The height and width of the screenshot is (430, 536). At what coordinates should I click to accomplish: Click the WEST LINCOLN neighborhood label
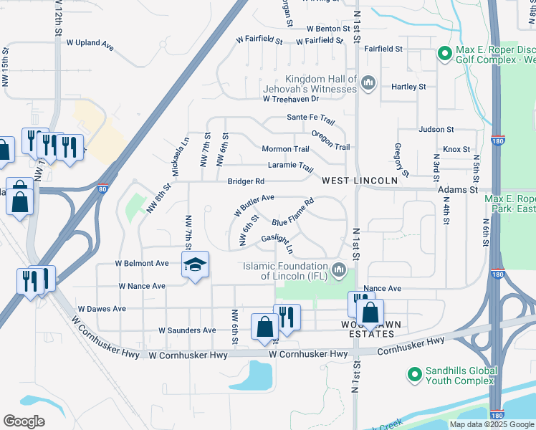[359, 181]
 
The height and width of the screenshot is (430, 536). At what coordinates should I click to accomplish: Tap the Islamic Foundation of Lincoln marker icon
[340, 271]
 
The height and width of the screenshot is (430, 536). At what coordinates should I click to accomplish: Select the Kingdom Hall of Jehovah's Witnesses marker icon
[368, 84]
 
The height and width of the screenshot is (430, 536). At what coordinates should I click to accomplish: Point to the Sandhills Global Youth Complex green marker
[413, 374]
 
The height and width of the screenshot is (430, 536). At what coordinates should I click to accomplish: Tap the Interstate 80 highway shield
[103, 189]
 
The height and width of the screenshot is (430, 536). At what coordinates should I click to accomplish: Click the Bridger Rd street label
[246, 181]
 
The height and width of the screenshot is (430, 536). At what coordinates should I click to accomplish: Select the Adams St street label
[463, 190]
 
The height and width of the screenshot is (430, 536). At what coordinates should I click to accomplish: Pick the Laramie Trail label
[290, 166]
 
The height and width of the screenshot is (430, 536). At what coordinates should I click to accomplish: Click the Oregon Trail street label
[330, 140]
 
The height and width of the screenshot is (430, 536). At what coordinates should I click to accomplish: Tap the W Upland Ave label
[90, 44]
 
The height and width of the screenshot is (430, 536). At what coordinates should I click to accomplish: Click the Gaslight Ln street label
[277, 242]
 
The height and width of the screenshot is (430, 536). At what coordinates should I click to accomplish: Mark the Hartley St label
[408, 87]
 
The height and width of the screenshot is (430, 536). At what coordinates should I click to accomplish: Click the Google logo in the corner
[24, 421]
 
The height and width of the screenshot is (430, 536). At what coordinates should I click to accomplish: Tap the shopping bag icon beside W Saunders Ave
[264, 327]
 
